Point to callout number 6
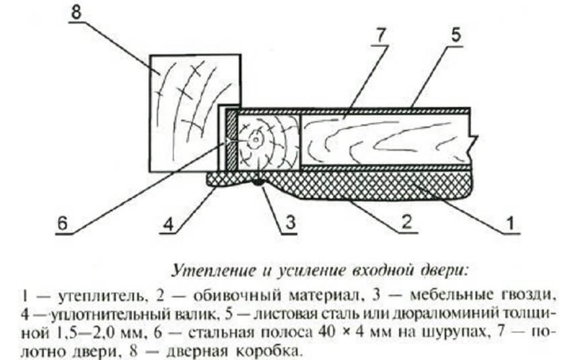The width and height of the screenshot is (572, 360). click(62, 225)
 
